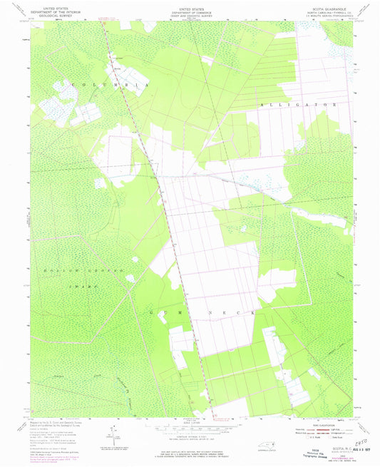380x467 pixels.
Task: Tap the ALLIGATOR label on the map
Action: click(300, 104)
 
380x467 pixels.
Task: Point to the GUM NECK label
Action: click(188, 312)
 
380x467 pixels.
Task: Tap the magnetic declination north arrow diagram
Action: click(111, 433)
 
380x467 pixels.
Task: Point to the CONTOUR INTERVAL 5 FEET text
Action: click(190, 438)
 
